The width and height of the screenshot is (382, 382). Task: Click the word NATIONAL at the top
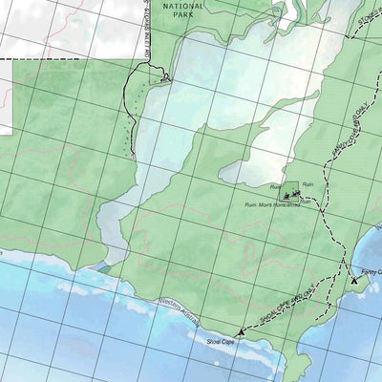[183, 5]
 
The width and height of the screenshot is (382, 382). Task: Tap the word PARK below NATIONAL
[183, 16]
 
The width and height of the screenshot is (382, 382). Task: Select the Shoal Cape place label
[210, 339]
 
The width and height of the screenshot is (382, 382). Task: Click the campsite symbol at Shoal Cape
[239, 331]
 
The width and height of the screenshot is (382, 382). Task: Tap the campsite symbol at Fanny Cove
[355, 281]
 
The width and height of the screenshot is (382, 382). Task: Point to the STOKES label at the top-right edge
[368, 17]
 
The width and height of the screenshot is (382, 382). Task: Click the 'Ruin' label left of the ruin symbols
[275, 186]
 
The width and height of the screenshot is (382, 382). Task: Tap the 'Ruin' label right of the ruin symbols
[308, 183]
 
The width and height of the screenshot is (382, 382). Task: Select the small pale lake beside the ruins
[250, 172]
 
